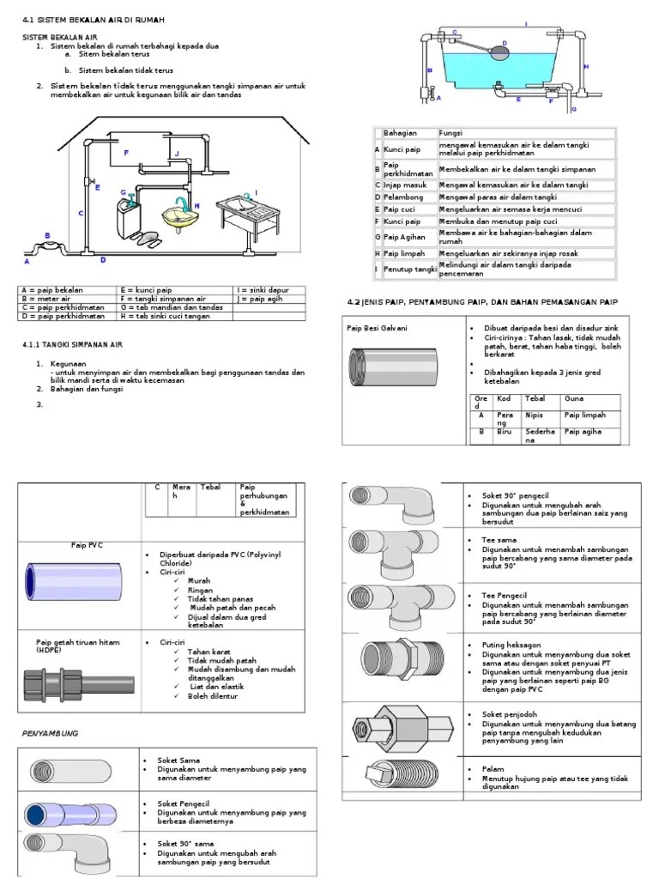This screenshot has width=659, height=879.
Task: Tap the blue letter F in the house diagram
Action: pos(126,152)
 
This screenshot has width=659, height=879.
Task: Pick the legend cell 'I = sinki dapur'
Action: pos(257,290)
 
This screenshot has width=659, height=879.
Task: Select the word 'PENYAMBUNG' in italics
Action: pos(50,734)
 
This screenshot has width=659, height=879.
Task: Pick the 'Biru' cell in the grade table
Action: pos(506,433)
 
